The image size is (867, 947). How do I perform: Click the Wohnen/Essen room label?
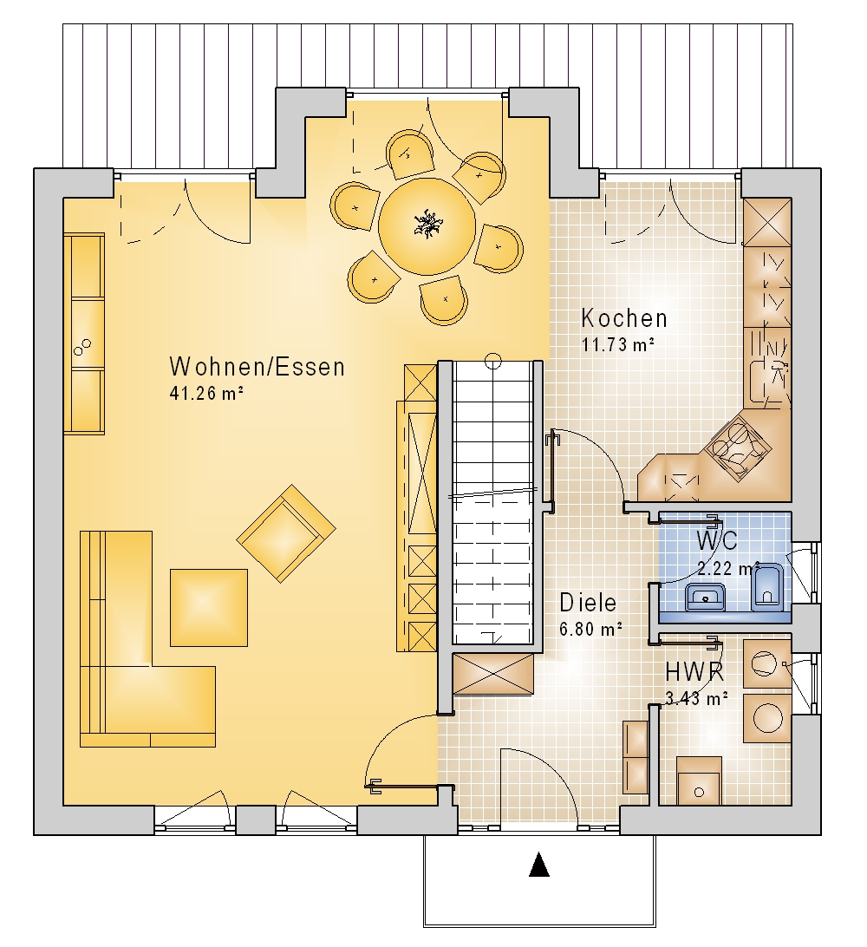point(257,367)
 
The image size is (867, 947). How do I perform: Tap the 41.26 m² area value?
point(206,393)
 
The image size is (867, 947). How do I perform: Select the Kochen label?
point(624,318)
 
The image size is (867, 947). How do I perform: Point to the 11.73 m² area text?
point(618,344)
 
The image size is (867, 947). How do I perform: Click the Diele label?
point(588,603)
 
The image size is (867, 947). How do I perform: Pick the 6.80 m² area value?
point(591,630)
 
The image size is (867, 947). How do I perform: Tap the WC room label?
point(717,541)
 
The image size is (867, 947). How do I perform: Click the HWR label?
point(695,671)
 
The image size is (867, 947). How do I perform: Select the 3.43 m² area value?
point(696,699)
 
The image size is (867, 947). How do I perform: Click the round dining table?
point(427,225)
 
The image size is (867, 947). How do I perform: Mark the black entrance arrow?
point(539,864)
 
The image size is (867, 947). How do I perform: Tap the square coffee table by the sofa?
point(209,608)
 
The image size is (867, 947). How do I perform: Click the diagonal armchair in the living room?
point(286,533)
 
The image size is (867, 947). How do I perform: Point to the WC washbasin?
point(705,598)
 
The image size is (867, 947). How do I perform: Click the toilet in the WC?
point(767,587)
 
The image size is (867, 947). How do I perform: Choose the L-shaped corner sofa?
point(147,638)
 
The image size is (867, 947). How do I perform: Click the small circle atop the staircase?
point(493,361)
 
